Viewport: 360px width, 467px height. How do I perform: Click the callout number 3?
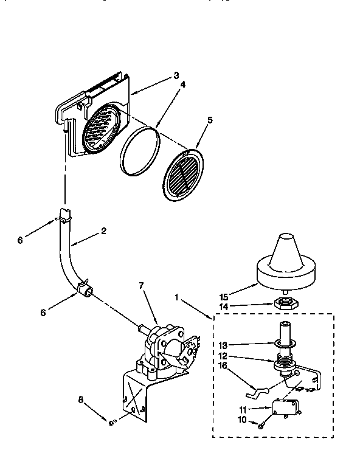coord(176,75)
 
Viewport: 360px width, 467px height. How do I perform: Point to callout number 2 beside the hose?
coord(104,231)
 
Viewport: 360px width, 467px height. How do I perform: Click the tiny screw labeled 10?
coord(260,424)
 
